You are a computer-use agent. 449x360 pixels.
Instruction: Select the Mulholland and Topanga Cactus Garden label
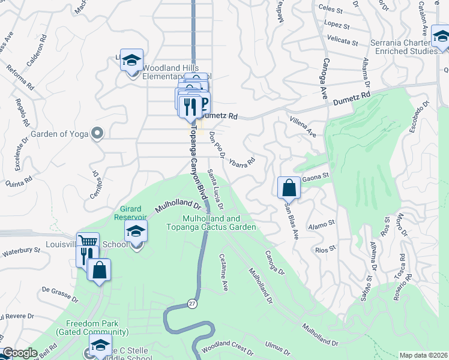(x=220, y=223)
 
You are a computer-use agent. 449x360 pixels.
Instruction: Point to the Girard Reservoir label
(x=131, y=212)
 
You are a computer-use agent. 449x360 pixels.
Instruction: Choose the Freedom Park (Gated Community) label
(x=92, y=328)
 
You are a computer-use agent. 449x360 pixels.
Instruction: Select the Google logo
(x=20, y=353)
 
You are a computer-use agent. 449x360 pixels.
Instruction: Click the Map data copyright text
(x=423, y=355)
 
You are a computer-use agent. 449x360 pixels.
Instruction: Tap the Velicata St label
(x=343, y=42)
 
